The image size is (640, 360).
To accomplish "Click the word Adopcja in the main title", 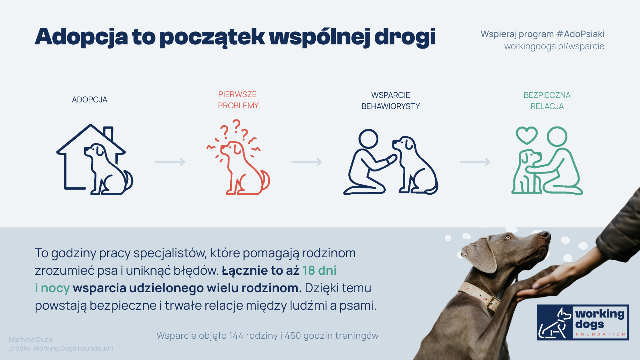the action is click(x=81, y=36).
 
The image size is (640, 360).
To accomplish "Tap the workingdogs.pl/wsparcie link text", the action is click(x=554, y=46).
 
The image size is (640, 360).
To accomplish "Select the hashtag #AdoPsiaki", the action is click(x=580, y=34).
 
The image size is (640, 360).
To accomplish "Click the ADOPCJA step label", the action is click(x=89, y=100).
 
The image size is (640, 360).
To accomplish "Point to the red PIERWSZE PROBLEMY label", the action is click(x=238, y=100).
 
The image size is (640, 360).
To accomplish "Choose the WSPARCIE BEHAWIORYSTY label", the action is click(x=391, y=101).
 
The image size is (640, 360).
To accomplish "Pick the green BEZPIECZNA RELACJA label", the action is click(x=547, y=101).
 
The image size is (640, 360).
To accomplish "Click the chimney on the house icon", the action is click(x=109, y=133).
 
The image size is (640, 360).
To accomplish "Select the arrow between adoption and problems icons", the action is click(x=170, y=162).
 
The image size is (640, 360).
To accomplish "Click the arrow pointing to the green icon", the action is click(x=475, y=162).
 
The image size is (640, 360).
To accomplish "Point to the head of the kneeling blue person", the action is click(x=368, y=139).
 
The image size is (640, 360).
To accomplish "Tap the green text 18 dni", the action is click(x=319, y=271).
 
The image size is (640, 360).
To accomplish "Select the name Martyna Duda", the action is click(x=30, y=339).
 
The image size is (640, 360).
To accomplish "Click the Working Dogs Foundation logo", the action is click(x=583, y=322).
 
